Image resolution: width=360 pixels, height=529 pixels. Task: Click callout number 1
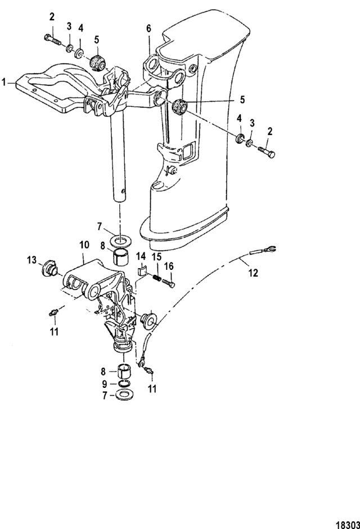tap(3, 82)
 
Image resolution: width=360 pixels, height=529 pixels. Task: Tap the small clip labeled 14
tap(142, 271)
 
